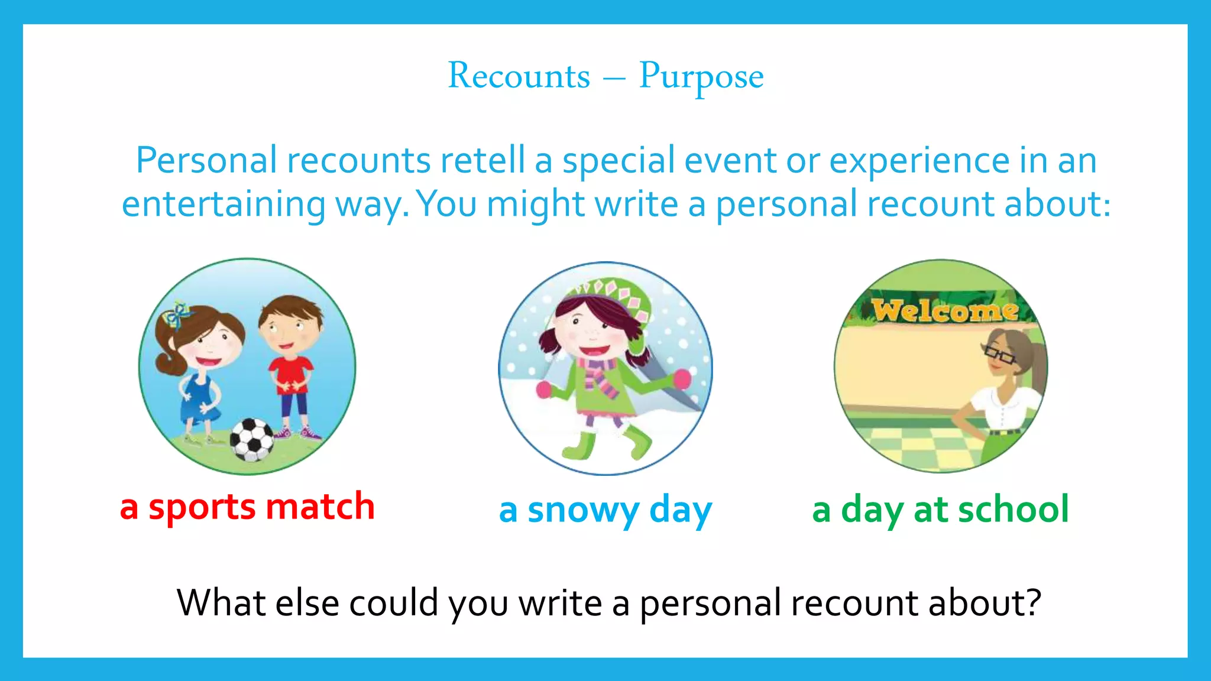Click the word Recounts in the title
[x=519, y=76]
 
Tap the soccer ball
[x=252, y=439]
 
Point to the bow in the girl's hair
[x=176, y=315]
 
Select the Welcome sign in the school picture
[x=944, y=310]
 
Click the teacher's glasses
[x=999, y=355]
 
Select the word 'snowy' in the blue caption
[x=583, y=510]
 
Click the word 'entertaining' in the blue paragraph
[x=224, y=204]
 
